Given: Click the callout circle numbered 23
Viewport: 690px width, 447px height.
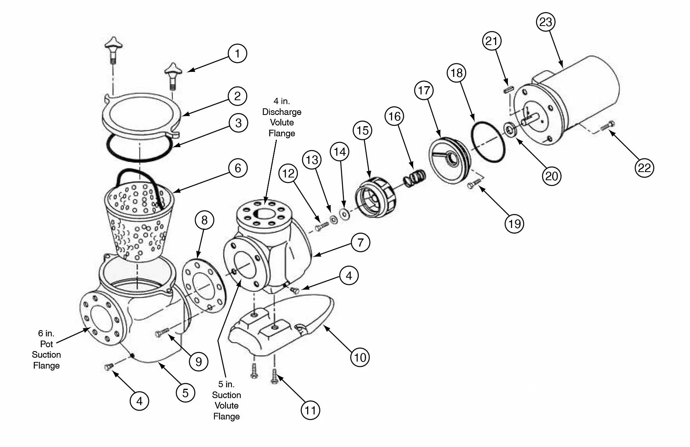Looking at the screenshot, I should [x=546, y=22].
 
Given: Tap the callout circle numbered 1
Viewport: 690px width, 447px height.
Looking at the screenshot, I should [x=237, y=53].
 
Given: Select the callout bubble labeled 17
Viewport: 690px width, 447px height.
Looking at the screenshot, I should [x=424, y=90].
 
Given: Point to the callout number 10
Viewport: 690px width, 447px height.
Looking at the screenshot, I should [x=360, y=357].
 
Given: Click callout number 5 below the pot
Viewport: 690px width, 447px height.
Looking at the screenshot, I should [x=185, y=393].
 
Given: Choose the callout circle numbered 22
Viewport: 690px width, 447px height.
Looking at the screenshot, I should [x=644, y=168].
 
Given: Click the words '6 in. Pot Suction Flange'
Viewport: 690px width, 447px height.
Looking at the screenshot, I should [x=46, y=349].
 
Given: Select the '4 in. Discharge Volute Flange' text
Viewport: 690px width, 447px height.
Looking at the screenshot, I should [x=282, y=117].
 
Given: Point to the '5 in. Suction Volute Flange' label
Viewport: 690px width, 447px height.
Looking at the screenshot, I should [x=226, y=400].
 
